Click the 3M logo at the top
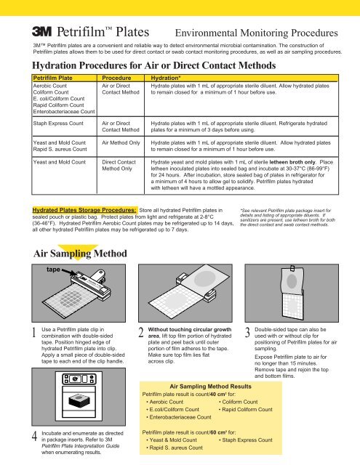coord(42,31)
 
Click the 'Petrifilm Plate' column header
coord(53,78)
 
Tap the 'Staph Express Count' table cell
coord(58,124)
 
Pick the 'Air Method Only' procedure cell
coord(121,142)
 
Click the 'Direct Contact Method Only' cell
coord(119,165)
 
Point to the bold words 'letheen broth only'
coord(292,162)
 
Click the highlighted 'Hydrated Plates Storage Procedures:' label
coord(84,210)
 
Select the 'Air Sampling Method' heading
coord(80,254)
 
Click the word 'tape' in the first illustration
coord(53,270)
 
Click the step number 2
coord(141,333)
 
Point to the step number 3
coord(247,333)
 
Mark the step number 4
coord(35,436)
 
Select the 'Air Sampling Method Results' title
coord(210,387)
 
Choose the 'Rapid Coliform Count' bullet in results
coord(246,410)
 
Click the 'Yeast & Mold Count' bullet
coord(172,440)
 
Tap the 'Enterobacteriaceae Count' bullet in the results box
coord(179,417)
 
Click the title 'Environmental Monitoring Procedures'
coord(257,33)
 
